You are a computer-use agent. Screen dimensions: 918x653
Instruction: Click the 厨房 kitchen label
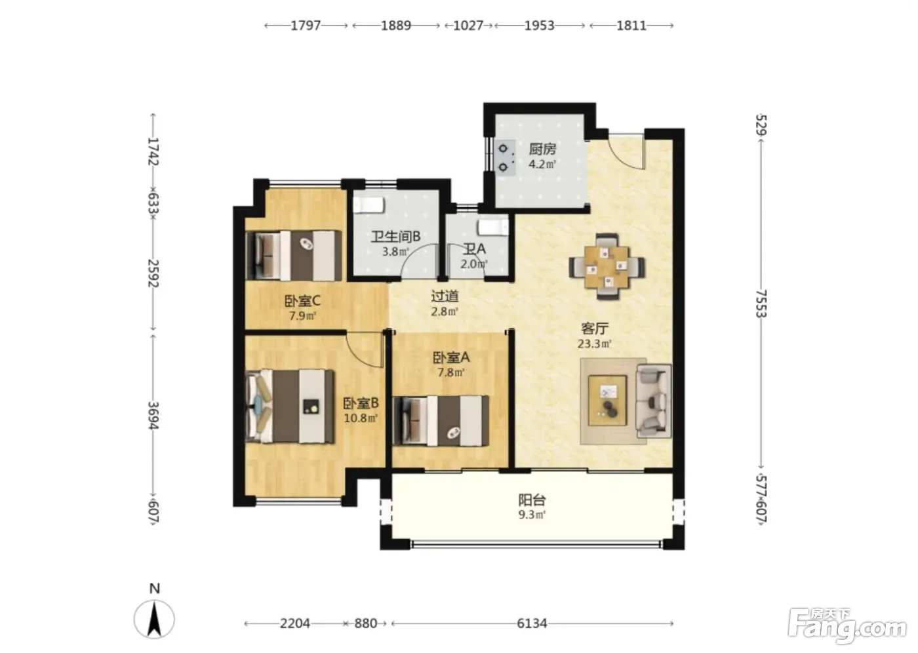click(x=542, y=149)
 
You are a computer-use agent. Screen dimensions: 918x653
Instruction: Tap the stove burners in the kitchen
click(x=504, y=158)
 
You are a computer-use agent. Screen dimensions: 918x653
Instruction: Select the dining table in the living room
click(x=607, y=266)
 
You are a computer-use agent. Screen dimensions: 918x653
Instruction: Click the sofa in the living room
click(x=653, y=401)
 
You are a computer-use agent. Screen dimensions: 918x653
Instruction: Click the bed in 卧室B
click(x=289, y=406)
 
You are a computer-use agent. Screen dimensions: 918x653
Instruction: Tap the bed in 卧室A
click(x=441, y=421)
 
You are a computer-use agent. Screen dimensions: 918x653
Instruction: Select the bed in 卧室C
click(x=294, y=255)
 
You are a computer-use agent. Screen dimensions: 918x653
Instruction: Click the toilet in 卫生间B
click(x=369, y=205)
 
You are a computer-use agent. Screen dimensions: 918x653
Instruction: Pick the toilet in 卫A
click(x=493, y=228)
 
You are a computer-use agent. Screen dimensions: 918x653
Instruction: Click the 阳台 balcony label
click(x=532, y=500)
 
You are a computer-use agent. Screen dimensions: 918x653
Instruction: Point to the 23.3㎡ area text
click(x=595, y=344)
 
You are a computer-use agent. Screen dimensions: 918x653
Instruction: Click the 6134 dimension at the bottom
click(x=532, y=623)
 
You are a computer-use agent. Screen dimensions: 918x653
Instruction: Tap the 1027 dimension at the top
click(x=468, y=26)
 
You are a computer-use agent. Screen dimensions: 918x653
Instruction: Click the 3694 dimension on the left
click(x=153, y=416)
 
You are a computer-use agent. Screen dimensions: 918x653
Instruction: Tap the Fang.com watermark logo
click(x=847, y=627)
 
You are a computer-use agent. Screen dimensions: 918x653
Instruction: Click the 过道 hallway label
click(x=445, y=296)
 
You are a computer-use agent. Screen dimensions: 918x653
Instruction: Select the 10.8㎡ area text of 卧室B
click(x=361, y=418)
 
